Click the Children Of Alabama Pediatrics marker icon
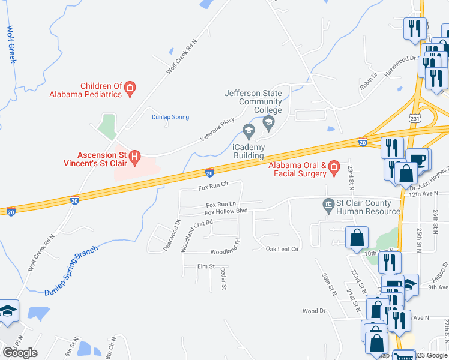coord(129,89)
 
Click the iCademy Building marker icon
coord(248,130)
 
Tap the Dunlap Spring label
coord(170,117)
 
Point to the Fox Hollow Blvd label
coord(226,212)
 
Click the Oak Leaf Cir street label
coord(282,248)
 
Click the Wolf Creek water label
coord(11,44)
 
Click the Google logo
coord(20,353)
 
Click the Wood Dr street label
coord(313,311)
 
